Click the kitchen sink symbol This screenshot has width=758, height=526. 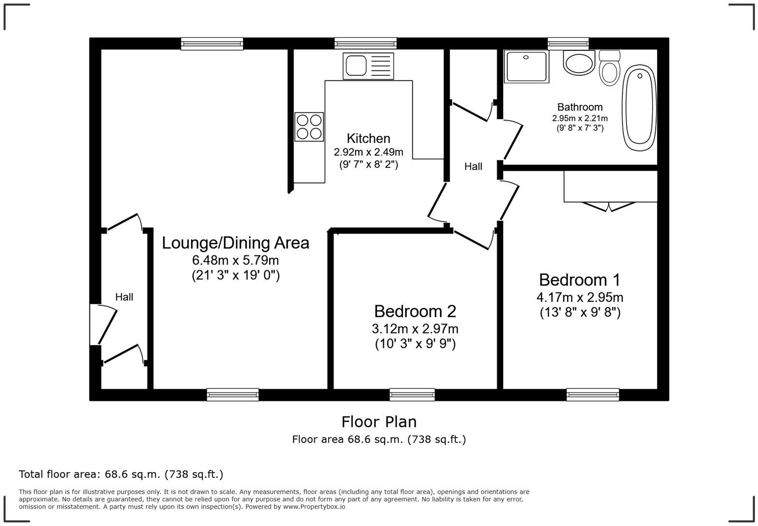pyautogui.click(x=368, y=66)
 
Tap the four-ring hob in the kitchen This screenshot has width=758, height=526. pyautogui.click(x=309, y=127)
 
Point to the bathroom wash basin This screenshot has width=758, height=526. pyautogui.click(x=579, y=63)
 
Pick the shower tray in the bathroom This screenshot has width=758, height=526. pyautogui.click(x=526, y=67)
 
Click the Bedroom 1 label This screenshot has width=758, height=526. pyautogui.click(x=580, y=280)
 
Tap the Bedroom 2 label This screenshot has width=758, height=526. pyautogui.click(x=415, y=311)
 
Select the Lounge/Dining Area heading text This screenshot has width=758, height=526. pyautogui.click(x=235, y=243)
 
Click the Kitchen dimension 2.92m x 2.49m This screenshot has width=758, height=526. pyautogui.click(x=368, y=152)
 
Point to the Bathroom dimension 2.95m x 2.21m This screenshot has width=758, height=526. pyautogui.click(x=580, y=118)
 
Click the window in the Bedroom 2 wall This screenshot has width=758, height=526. pyautogui.click(x=412, y=394)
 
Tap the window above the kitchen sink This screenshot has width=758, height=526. pyautogui.click(x=365, y=44)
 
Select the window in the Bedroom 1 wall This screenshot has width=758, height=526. pyautogui.click(x=593, y=394)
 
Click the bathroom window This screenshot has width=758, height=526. pyautogui.click(x=568, y=44)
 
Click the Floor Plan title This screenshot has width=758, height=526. pyautogui.click(x=379, y=422)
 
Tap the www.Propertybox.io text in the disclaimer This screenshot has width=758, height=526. pyautogui.click(x=314, y=507)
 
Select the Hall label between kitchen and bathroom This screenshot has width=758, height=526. pyautogui.click(x=473, y=167)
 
